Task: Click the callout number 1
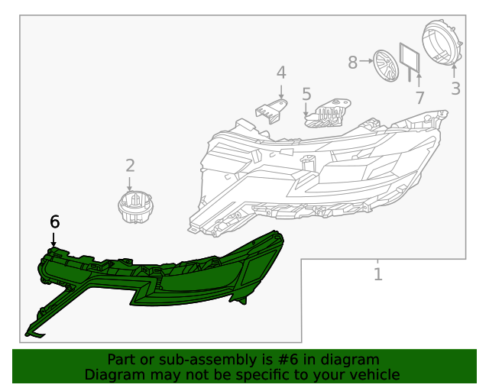377,273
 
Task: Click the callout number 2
130,165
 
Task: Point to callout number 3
455,88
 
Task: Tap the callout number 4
281,73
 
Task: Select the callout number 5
306,94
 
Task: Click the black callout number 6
54,221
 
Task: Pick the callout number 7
419,97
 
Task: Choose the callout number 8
352,62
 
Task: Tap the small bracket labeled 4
270,111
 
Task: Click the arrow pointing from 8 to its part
366,60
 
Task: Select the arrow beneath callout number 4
281,92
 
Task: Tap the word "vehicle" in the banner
373,374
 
